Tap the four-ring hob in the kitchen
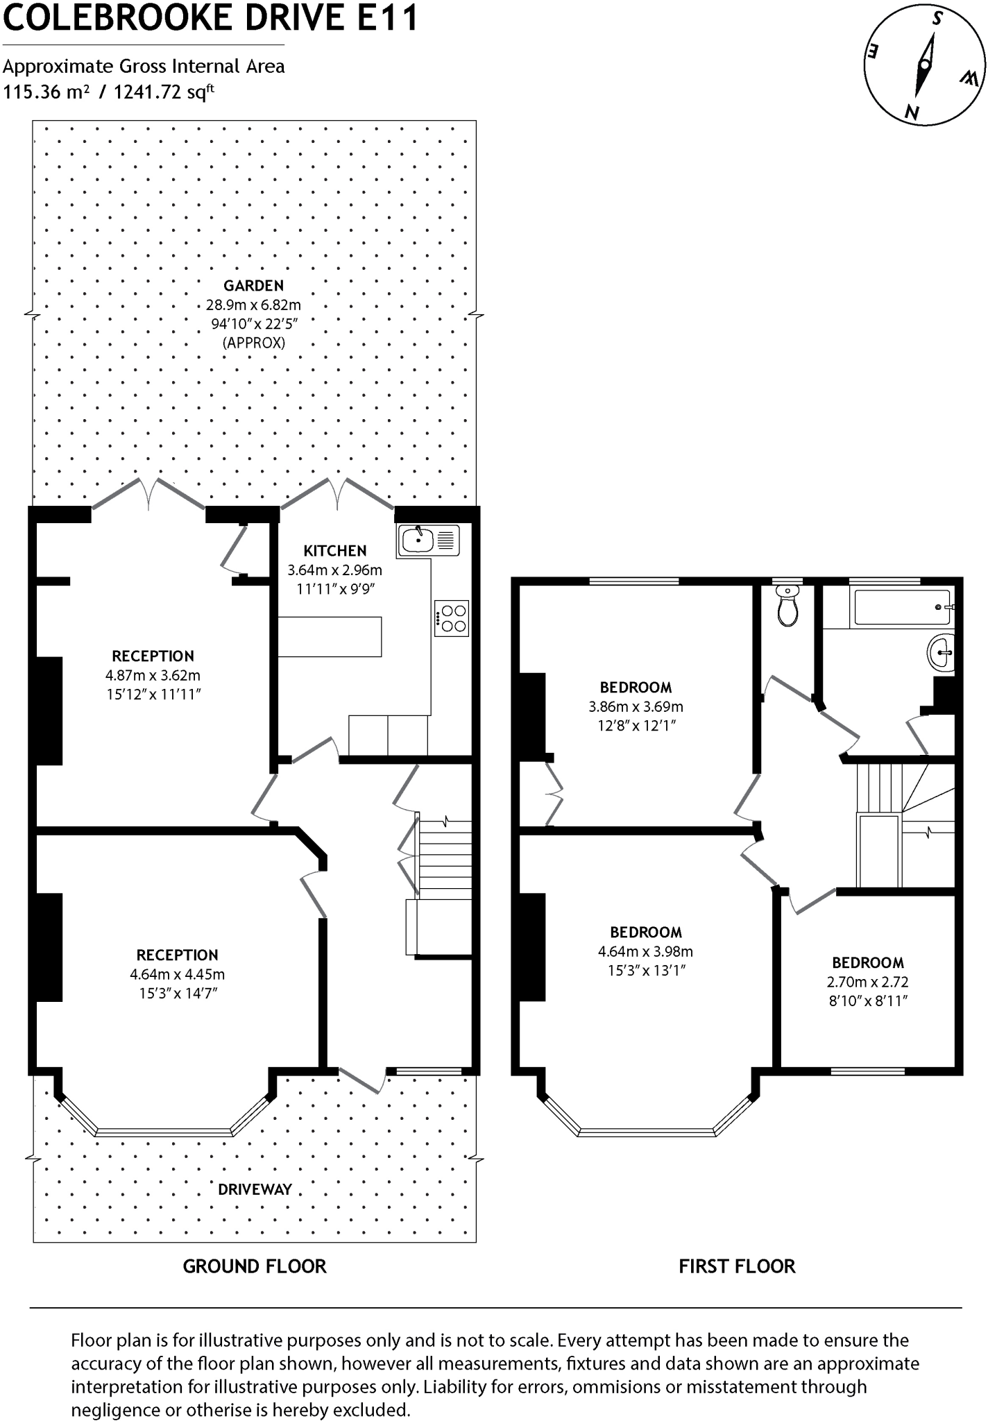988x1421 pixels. coord(452,618)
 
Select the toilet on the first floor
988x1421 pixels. coord(787,606)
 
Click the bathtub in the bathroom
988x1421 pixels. coord(901,607)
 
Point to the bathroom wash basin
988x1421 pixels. coord(942,652)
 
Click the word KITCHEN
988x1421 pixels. coord(334,551)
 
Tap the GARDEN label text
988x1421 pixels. coord(253,285)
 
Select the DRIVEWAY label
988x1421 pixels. coord(255,1189)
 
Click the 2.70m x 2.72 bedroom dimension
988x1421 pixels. coord(867,982)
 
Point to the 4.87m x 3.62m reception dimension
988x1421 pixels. coord(153,675)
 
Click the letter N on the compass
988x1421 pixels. coord(912,112)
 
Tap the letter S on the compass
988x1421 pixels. coord(937,19)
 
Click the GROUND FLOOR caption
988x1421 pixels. coord(254,1266)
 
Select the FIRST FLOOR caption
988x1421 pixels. coord(737,1266)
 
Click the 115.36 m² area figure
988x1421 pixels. coord(46,92)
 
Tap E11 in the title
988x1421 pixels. coord(387,17)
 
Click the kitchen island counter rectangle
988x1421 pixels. coord(330,636)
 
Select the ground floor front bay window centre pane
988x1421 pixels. coord(163,1132)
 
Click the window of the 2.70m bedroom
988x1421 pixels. coord(867,1071)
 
